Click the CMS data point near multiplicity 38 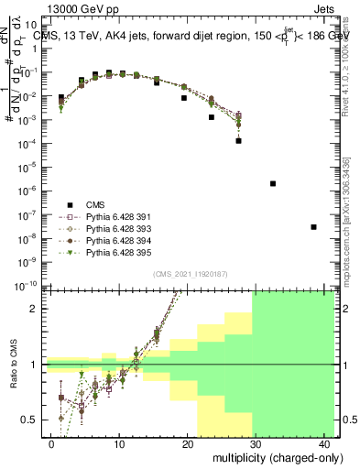pos(313,226)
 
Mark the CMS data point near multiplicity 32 pos(273,183)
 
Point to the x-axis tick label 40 pos(325,443)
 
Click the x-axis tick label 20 pos(189,443)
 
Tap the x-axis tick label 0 pos(52,443)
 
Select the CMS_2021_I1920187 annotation pos(190,274)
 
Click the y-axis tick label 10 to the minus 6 pos(29,191)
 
